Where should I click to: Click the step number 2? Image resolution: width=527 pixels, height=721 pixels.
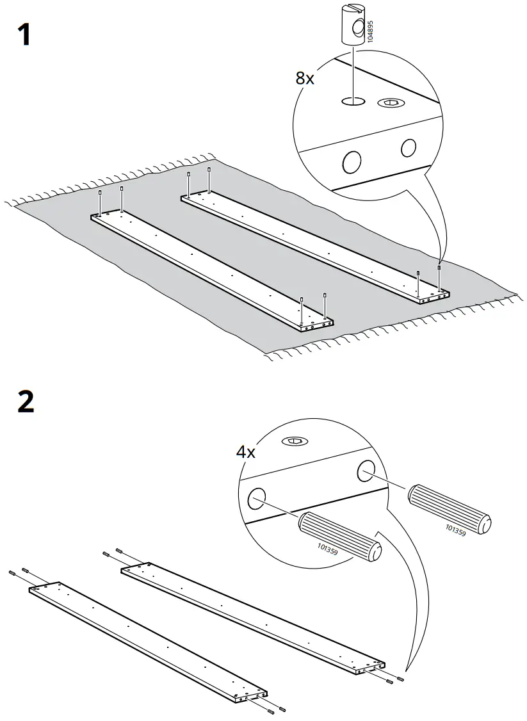click(26, 401)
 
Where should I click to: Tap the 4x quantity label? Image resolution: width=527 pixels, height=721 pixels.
click(246, 453)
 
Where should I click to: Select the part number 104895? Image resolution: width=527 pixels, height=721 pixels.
click(369, 31)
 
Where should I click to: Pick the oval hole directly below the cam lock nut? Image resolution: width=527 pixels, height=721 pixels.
click(353, 101)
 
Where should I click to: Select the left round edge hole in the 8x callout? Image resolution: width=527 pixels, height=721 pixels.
click(352, 162)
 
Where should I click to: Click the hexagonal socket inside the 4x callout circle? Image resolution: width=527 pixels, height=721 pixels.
click(294, 441)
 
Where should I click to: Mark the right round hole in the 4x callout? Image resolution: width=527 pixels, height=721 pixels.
click(367, 469)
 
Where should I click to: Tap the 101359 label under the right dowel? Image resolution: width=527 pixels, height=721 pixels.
click(455, 531)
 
